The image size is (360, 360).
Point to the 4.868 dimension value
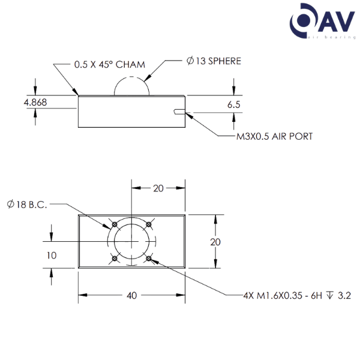(35, 103)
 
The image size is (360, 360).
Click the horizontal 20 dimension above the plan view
(158, 188)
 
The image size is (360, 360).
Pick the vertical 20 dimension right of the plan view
(216, 242)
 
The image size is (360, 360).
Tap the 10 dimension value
(52, 255)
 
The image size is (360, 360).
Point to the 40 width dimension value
(132, 295)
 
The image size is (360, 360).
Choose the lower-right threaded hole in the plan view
(148, 259)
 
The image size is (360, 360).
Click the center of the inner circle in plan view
(131, 242)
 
